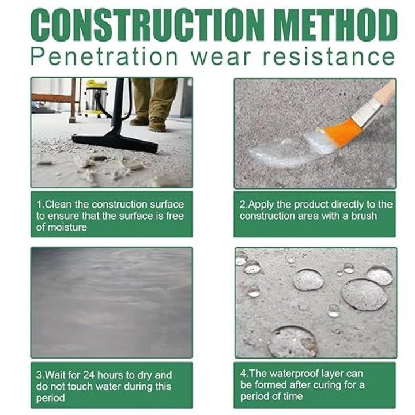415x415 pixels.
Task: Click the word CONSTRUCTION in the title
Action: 148,25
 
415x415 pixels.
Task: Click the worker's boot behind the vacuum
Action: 157,124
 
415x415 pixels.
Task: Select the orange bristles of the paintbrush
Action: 339,134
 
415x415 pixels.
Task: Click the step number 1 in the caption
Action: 39,205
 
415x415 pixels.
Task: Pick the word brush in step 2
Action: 364,216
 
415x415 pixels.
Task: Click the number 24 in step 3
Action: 89,375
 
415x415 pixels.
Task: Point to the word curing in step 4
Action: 327,386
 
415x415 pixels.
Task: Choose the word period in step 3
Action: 50,398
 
